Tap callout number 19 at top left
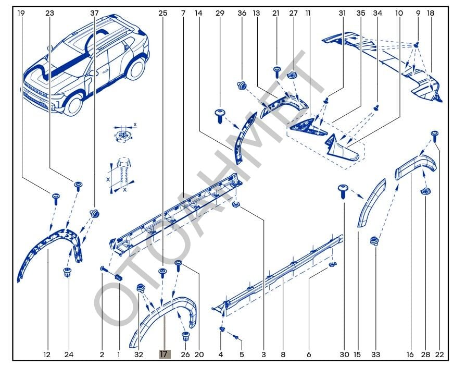(21, 13)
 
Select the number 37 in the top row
(94, 13)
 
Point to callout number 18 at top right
(430, 13)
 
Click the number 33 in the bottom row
(375, 355)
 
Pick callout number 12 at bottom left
(47, 355)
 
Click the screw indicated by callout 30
(343, 189)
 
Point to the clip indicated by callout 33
(374, 241)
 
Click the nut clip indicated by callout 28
(424, 192)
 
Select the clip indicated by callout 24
(67, 272)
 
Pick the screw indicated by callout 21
(276, 70)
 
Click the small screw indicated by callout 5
(236, 338)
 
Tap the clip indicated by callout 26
(185, 335)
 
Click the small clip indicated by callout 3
(236, 204)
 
